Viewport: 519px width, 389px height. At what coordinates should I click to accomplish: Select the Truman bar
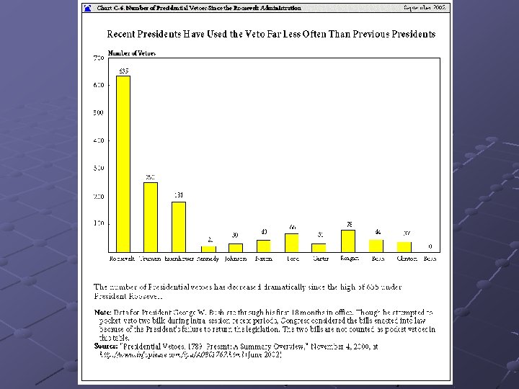151,216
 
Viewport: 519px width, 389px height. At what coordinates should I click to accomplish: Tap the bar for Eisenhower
179,226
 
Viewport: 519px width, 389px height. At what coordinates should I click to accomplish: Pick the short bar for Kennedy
208,248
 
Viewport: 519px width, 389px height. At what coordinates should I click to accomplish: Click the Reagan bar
348,240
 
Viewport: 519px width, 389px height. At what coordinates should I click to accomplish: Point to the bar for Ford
292,242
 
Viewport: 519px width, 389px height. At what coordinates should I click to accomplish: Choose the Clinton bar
404,246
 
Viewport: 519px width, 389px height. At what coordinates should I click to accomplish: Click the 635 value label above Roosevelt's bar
123,71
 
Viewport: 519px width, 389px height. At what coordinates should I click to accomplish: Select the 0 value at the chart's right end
430,246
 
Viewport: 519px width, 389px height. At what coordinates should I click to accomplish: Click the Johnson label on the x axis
236,258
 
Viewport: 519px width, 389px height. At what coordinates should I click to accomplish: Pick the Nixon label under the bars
264,258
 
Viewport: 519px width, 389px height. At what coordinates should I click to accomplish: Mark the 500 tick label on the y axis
98,112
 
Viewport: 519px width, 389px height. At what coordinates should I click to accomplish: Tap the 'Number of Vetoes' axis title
132,52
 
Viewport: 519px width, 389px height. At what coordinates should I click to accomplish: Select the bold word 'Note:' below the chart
102,312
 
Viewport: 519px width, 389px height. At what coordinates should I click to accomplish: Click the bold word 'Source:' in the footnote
106,346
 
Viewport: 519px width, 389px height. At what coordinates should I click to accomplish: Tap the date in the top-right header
425,7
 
